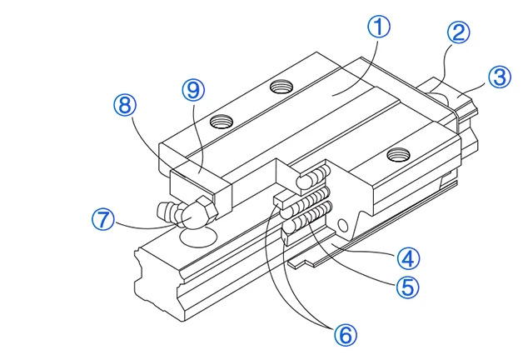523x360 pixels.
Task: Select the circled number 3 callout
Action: [x=498, y=77]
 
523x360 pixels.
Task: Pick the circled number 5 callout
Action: [x=406, y=287]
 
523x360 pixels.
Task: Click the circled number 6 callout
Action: [x=345, y=334]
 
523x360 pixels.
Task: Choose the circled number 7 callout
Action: [x=102, y=220]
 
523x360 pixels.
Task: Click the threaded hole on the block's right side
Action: [x=399, y=152]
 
